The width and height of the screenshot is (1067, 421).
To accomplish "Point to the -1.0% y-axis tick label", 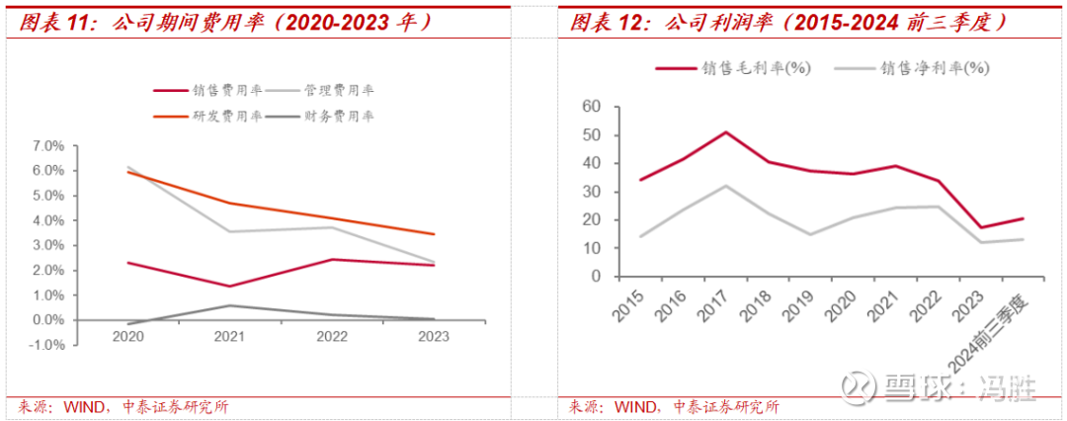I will tap(46, 345).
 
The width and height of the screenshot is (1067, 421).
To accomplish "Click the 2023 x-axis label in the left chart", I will tap(433, 336).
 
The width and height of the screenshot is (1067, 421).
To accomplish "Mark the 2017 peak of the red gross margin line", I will tap(725, 131).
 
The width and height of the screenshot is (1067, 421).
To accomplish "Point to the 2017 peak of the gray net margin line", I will tap(725, 186).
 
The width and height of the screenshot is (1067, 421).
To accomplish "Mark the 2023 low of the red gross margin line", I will tap(980, 227).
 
